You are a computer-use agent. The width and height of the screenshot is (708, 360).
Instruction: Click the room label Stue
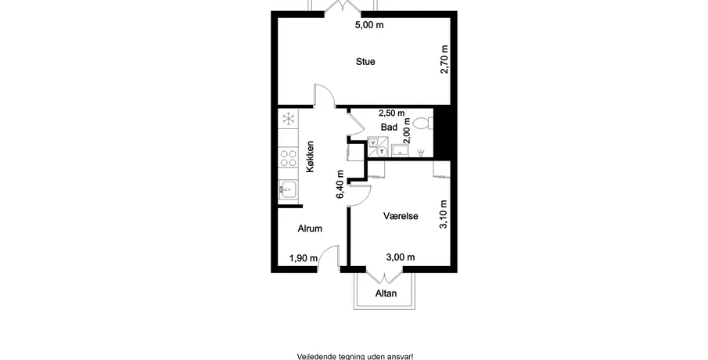365,61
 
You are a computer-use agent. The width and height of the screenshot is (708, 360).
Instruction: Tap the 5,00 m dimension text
369,25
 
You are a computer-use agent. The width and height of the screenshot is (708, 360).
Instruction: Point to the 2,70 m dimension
444,59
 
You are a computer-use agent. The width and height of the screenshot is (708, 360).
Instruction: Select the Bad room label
389,128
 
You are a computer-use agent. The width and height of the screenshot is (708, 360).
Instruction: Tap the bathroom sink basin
400,151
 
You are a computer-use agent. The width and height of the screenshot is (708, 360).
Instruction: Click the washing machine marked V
373,142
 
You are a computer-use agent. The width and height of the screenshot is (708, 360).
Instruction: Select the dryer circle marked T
383,152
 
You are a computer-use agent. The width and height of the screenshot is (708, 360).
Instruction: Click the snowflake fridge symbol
288,119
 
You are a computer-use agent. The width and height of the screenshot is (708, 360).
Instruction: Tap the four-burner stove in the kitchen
288,157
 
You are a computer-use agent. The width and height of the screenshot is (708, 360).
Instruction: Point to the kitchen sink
288,189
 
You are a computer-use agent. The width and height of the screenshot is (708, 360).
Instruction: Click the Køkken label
310,157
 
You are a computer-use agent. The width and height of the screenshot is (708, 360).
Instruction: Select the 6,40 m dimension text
340,184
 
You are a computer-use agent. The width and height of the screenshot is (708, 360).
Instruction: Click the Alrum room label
310,229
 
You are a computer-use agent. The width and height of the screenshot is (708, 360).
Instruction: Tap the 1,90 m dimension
304,258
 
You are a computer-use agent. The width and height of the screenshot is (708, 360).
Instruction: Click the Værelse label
401,216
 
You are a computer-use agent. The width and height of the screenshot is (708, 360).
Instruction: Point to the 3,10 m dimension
444,214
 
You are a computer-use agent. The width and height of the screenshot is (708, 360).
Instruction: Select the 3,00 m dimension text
401,257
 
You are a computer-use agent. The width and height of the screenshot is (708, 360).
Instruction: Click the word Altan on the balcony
386,293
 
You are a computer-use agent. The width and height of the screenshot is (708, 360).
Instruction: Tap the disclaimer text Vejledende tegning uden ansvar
355,356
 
